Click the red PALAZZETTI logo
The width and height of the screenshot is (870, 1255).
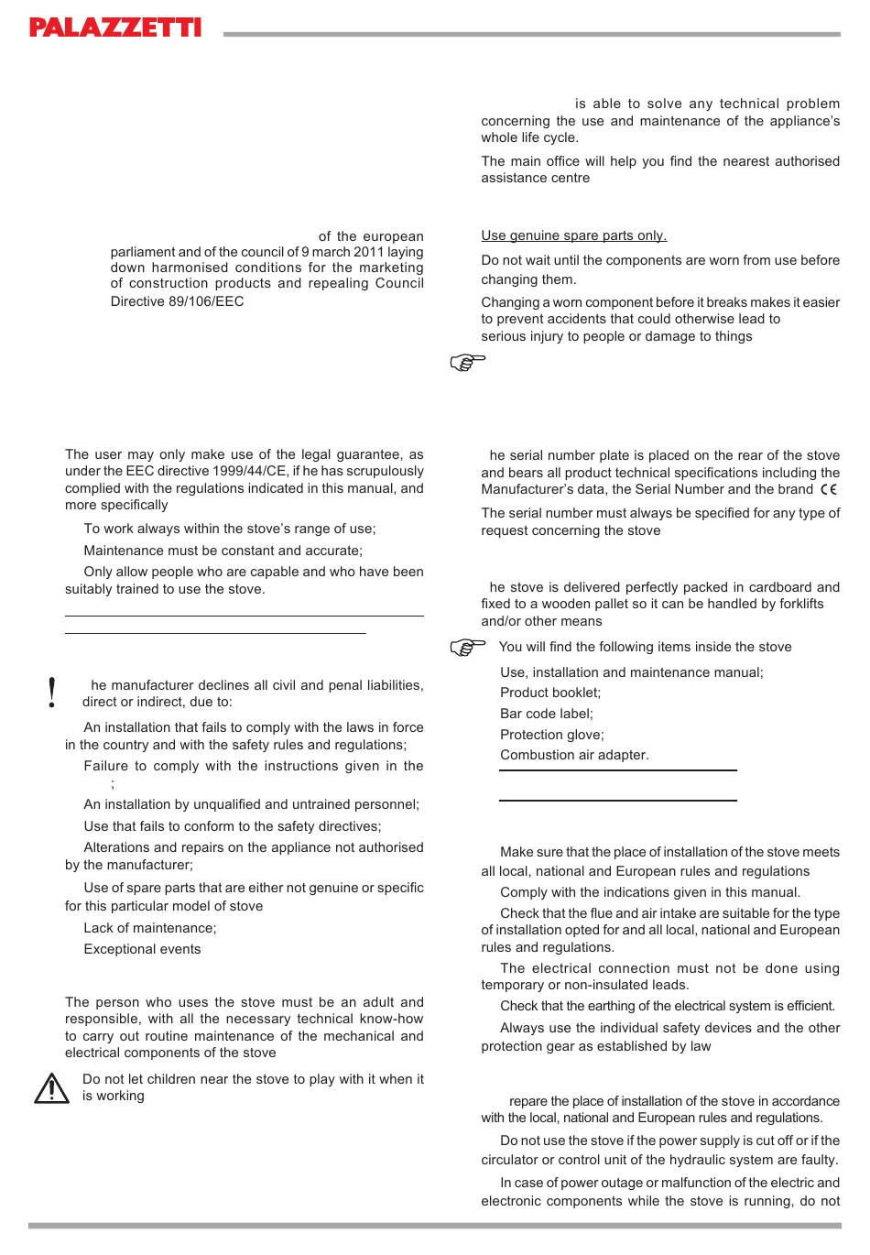(x=114, y=27)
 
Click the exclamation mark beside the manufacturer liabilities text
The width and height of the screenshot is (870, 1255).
(x=52, y=693)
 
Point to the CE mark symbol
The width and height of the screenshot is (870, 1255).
(x=829, y=489)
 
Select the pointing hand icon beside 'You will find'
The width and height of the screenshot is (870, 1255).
(x=468, y=648)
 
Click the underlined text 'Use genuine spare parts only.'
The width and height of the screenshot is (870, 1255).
(x=574, y=235)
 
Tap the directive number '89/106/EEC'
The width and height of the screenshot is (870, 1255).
(x=207, y=301)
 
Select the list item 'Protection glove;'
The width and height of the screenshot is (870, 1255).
(x=552, y=735)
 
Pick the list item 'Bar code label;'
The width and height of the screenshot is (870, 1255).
(x=547, y=714)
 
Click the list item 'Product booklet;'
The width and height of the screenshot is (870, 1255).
(x=550, y=693)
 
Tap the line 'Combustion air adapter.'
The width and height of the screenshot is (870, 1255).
(x=574, y=755)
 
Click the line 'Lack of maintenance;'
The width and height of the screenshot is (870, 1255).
(x=150, y=928)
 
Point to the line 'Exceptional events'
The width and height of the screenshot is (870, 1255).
(x=142, y=949)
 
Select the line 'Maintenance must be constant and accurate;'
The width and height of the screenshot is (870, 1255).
(x=223, y=551)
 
